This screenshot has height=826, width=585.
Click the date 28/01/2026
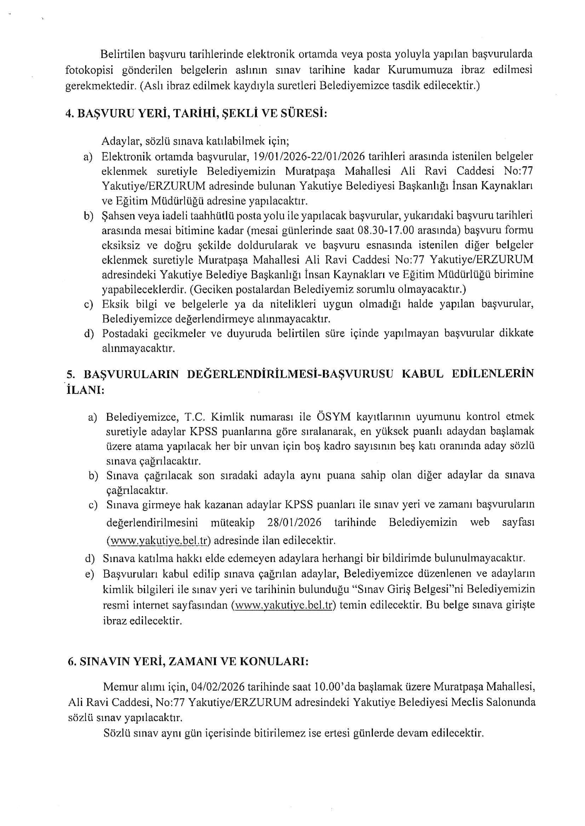tap(294, 522)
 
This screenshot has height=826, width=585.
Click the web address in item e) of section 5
tap(283, 605)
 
